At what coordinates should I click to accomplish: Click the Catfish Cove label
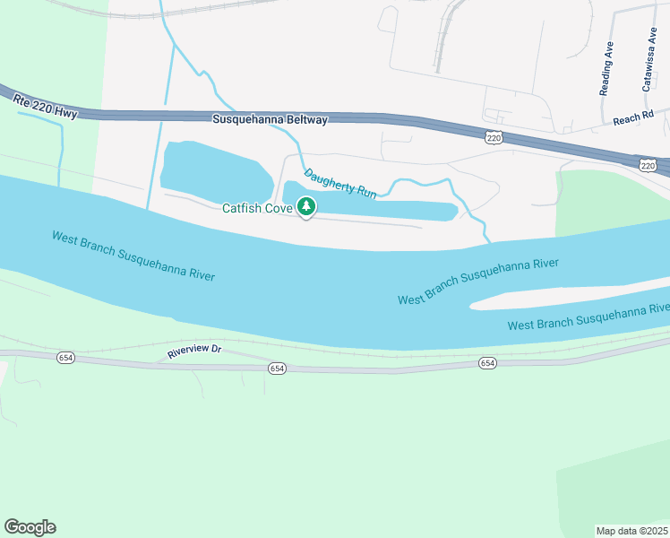tap(258, 209)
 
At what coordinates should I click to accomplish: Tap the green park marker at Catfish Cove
tap(306, 207)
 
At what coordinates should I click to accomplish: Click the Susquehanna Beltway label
tap(271, 119)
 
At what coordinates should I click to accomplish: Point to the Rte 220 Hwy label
tap(46, 106)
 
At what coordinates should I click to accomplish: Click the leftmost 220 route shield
tap(494, 137)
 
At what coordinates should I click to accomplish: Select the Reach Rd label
tap(629, 119)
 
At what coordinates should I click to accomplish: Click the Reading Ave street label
tap(606, 67)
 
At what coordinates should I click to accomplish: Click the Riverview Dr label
tap(193, 351)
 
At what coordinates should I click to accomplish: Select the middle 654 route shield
tap(277, 369)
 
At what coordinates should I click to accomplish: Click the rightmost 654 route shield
tap(486, 363)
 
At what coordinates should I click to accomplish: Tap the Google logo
tap(30, 527)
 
